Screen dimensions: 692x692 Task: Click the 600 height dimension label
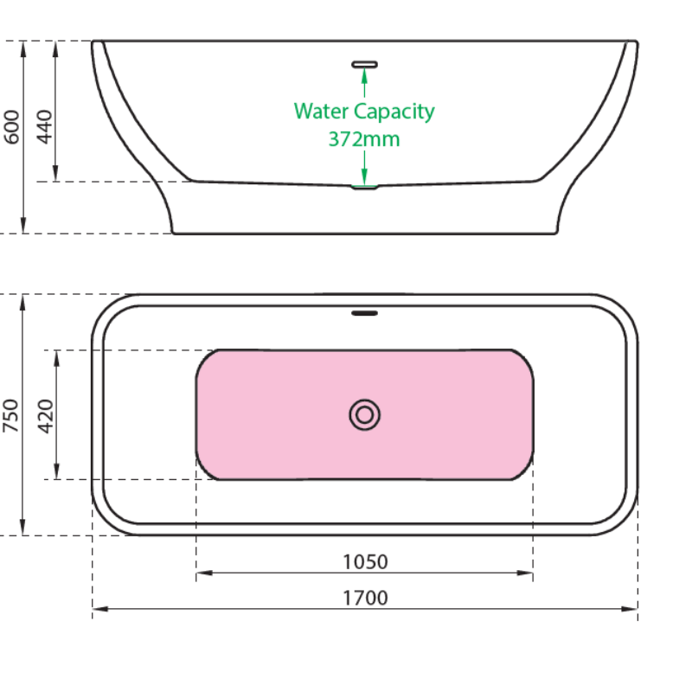12,126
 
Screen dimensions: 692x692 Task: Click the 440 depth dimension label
45,126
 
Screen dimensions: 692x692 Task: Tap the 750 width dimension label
12,415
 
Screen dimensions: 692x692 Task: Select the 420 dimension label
45,415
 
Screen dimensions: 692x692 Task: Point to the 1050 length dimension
365,561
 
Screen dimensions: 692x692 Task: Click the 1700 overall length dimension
365,598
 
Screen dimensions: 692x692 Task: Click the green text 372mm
364,138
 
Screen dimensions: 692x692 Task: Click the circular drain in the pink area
365,415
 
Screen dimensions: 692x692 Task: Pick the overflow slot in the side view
365,63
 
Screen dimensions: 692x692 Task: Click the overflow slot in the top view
365,313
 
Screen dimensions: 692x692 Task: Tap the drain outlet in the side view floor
365,186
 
